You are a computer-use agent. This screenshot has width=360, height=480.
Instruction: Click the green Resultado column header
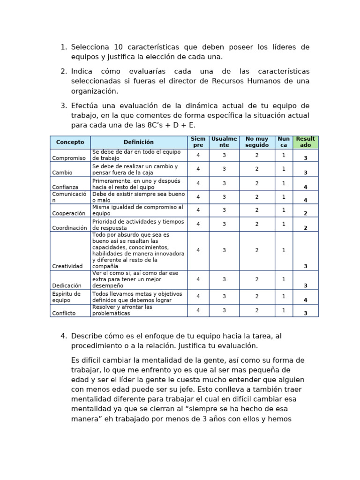click(x=306, y=142)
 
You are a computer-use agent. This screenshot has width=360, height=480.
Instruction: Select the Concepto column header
click(x=70, y=142)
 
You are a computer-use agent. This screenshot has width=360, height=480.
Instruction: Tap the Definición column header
click(x=139, y=142)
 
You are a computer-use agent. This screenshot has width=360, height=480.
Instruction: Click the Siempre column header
click(x=198, y=142)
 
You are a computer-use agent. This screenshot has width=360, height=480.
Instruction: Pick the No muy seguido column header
click(x=257, y=142)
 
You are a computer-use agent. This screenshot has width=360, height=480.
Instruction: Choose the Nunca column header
click(x=284, y=142)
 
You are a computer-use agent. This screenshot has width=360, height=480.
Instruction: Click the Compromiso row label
click(x=69, y=158)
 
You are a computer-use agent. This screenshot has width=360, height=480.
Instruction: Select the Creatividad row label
click(x=67, y=266)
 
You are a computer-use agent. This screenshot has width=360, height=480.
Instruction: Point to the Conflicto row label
click(x=64, y=313)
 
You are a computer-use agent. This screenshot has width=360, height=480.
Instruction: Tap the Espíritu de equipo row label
click(x=67, y=297)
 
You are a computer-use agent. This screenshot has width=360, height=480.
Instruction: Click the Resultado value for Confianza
click(x=306, y=187)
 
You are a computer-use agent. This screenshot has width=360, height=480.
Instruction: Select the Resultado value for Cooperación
click(x=306, y=213)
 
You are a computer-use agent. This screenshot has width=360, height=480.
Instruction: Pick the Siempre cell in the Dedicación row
click(x=198, y=279)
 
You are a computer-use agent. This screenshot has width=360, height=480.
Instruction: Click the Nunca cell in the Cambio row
click(x=284, y=169)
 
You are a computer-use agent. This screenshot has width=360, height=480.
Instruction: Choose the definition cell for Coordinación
click(x=139, y=225)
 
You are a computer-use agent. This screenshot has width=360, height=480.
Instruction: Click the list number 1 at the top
click(x=64, y=47)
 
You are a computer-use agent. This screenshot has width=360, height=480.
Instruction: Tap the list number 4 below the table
click(x=64, y=336)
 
